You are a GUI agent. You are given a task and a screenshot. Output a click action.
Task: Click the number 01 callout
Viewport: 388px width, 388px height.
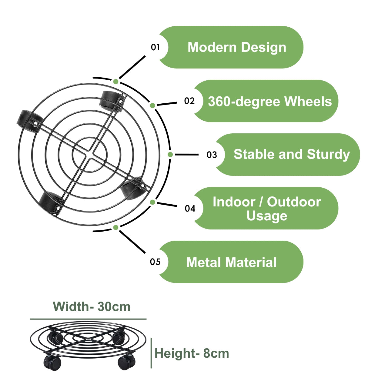pyautogui.click(x=155, y=47)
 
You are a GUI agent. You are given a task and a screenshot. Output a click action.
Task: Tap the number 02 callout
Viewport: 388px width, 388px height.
pyautogui.click(x=189, y=101)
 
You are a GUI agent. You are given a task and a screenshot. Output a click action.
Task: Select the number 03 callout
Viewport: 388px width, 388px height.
pyautogui.click(x=212, y=155)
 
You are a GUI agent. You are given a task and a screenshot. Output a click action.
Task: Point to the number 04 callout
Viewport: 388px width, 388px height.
pyautogui.click(x=190, y=209)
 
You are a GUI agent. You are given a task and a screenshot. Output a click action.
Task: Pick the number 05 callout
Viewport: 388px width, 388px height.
pyautogui.click(x=155, y=262)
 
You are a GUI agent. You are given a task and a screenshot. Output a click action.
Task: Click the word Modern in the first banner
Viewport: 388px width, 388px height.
pyautogui.click(x=212, y=47)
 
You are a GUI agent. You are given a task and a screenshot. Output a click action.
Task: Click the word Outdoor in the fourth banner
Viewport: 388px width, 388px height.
pyautogui.click(x=294, y=202)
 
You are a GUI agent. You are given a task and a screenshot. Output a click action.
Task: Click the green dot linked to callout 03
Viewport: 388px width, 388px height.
pyautogui.click(x=170, y=155)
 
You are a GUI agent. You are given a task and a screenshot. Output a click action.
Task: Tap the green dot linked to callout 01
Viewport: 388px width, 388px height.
pyautogui.click(x=115, y=82)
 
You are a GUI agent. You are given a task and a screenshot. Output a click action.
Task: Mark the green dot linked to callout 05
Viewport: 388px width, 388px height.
pyautogui.click(x=115, y=227)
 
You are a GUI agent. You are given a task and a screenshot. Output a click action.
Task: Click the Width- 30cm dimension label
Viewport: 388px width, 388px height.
pyautogui.click(x=92, y=307)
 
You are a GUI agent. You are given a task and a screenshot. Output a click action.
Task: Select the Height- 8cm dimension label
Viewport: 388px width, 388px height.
pyautogui.click(x=192, y=353)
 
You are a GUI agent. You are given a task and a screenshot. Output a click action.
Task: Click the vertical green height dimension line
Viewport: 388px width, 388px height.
pyautogui.click(x=151, y=353)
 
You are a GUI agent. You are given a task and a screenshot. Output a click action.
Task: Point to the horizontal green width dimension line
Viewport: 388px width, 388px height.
pyautogui.click(x=88, y=319)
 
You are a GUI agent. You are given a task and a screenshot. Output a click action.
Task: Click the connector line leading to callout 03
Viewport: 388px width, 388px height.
pyautogui.click(x=186, y=155)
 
